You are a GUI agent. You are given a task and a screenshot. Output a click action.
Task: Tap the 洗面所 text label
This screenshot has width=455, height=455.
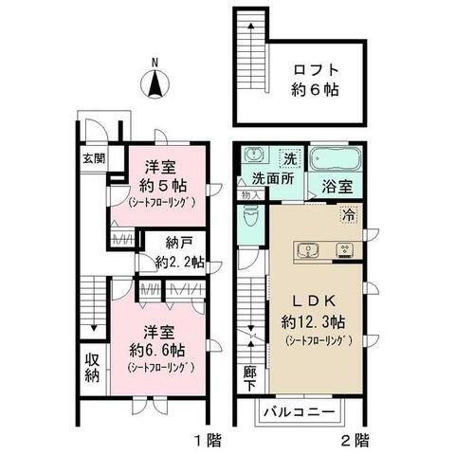270,177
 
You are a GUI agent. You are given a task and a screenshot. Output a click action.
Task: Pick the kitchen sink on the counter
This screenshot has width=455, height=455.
306,251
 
